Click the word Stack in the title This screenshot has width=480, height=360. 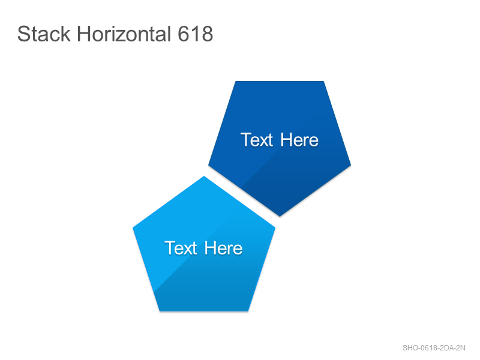[44, 34]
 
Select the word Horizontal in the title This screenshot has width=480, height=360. [124, 34]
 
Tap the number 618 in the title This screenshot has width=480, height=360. [196, 34]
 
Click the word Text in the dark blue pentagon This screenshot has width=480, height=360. [257, 140]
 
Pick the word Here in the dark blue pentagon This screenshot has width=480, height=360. [299, 140]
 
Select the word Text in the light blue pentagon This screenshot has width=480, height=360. [181, 248]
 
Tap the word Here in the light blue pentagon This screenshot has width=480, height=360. [223, 248]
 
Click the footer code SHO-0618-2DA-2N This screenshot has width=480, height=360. [434, 348]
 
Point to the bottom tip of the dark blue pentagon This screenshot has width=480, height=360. [280, 216]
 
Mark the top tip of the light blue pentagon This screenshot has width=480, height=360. [204, 176]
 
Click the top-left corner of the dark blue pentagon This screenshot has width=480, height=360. [235, 82]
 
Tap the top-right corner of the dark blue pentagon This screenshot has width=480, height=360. [323, 82]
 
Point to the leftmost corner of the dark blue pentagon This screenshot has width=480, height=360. [208, 165]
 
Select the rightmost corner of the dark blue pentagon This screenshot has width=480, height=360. [351, 165]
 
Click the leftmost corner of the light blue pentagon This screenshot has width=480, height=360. [133, 227]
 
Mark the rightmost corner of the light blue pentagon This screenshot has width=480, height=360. [275, 227]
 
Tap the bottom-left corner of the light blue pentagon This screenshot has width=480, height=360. [160, 311]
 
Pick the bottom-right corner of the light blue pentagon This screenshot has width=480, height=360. [248, 311]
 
